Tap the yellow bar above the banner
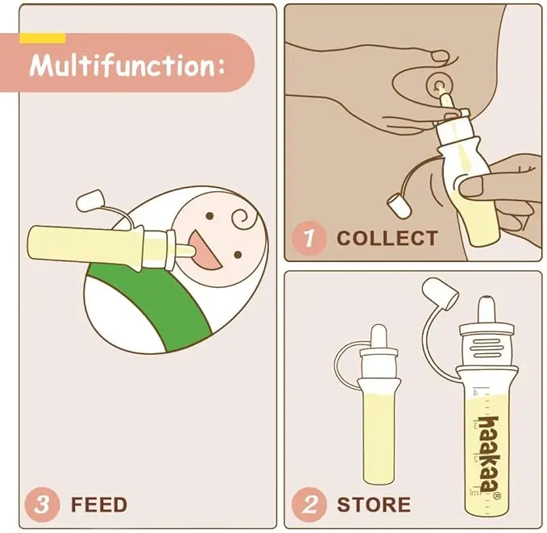(x=43, y=38)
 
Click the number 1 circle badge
(x=309, y=238)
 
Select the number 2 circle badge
(x=309, y=505)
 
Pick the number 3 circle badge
(x=42, y=505)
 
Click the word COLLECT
(x=387, y=238)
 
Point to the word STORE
(x=374, y=505)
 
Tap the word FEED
(x=99, y=505)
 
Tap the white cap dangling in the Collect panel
(x=398, y=206)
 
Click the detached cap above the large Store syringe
(x=439, y=294)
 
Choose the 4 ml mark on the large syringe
(x=475, y=392)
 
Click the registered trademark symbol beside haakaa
(x=497, y=496)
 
